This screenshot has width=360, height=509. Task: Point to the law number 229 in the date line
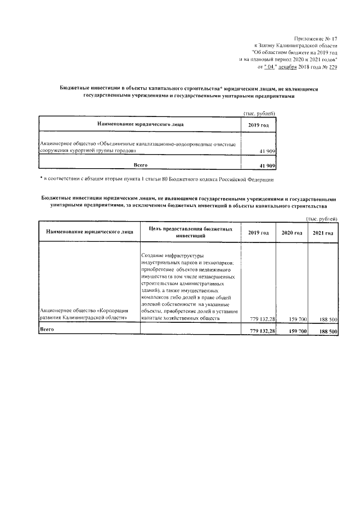pyautogui.click(x=332, y=66)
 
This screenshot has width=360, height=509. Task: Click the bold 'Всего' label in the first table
pyautogui.click(x=139, y=165)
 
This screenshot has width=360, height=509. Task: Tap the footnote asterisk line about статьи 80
pyautogui.click(x=157, y=179)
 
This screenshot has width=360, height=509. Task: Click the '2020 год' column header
pyautogui.click(x=291, y=233)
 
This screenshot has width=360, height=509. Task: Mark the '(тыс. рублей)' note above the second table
pyautogui.click(x=321, y=219)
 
